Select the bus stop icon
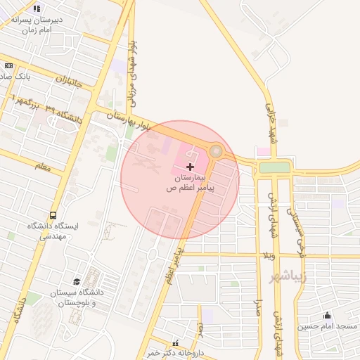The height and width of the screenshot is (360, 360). click(x=53, y=215)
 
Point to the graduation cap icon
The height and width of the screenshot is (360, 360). click(x=76, y=281)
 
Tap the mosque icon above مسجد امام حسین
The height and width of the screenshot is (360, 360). click(x=326, y=315)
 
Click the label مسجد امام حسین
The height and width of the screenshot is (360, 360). click(x=327, y=326)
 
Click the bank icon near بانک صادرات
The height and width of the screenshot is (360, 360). click(x=8, y=65)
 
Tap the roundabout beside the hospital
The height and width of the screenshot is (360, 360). click(x=217, y=151)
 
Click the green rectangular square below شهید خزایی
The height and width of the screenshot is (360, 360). click(x=274, y=167)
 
